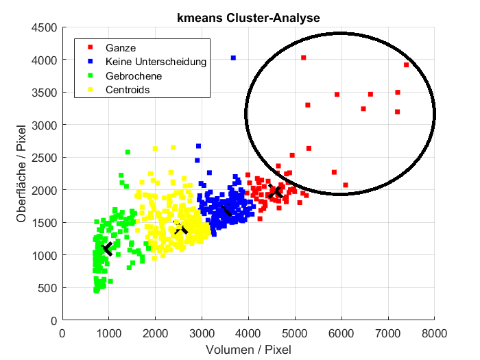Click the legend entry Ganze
pyautogui.click(x=121, y=48)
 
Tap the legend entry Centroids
pyautogui.click(x=127, y=89)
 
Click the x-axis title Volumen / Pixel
pyautogui.click(x=248, y=350)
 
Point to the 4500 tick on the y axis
pyautogui.click(x=45, y=27)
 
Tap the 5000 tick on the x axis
pyautogui.click(x=295, y=334)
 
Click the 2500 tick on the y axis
pyautogui.click(x=45, y=157)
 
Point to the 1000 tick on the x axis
pyautogui.click(x=109, y=334)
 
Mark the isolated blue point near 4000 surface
pyautogui.click(x=233, y=58)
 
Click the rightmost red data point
pyautogui.click(x=406, y=65)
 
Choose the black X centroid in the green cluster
pyautogui.click(x=107, y=248)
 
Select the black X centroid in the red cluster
pyautogui.click(x=276, y=193)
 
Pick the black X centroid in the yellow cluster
pyautogui.click(x=180, y=228)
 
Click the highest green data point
pyautogui.click(x=128, y=152)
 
